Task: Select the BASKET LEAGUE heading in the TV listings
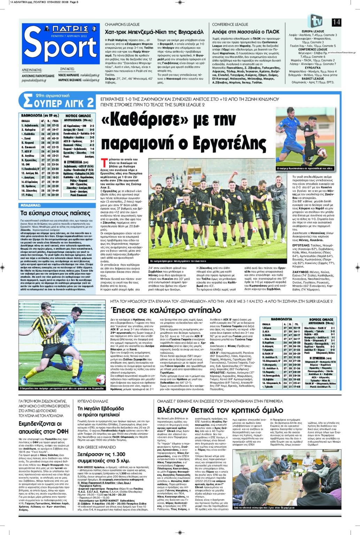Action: tap(313, 79)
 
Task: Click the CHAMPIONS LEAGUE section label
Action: tap(122, 25)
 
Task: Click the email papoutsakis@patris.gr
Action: tap(34, 80)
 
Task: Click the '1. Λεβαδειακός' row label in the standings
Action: tap(30, 125)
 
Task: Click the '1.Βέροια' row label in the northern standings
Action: tap(267, 328)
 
